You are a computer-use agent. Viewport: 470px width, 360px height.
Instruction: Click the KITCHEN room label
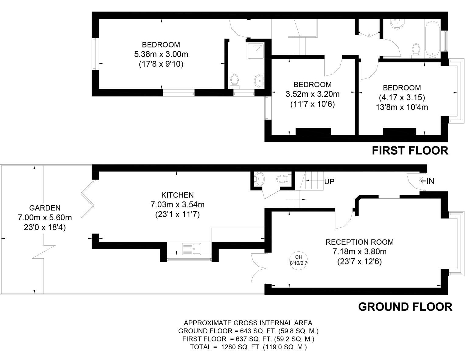click(x=177, y=195)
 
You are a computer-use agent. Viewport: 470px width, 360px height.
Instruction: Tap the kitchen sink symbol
click(x=191, y=249)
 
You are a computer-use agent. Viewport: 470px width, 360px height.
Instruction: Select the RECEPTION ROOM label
click(x=360, y=242)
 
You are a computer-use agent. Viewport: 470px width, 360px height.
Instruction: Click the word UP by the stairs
click(x=329, y=182)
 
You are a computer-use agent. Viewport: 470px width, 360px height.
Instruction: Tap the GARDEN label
click(x=45, y=208)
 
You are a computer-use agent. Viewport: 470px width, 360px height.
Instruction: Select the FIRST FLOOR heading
click(x=410, y=151)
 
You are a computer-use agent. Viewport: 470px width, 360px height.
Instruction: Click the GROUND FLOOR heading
click(x=405, y=306)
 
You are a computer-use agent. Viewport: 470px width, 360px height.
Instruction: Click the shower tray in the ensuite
click(x=255, y=51)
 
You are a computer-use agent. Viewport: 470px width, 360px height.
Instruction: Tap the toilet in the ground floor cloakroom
click(x=282, y=179)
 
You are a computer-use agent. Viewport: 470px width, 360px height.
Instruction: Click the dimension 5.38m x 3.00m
click(x=161, y=54)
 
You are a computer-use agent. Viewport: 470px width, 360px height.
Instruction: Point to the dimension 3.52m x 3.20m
click(x=312, y=94)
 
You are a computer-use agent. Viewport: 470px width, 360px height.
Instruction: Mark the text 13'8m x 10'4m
click(x=402, y=107)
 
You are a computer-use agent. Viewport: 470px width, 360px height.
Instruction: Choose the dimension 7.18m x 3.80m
click(x=360, y=252)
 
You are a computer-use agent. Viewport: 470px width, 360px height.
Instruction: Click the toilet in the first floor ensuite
click(x=235, y=81)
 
